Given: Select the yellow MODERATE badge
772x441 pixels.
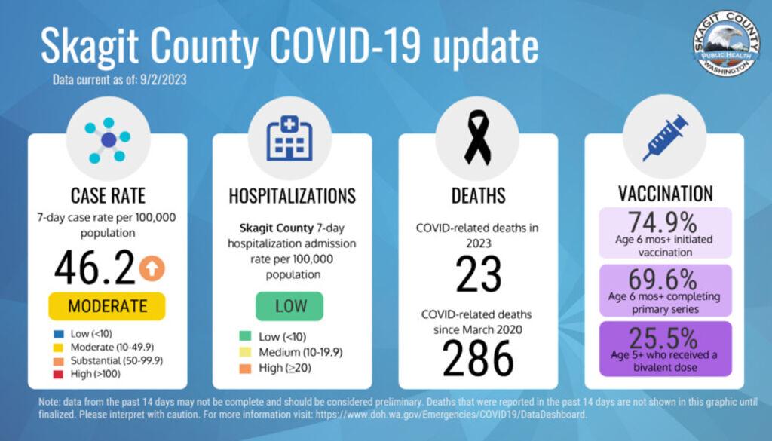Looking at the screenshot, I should [x=107, y=306].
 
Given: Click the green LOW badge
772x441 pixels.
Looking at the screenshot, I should [x=289, y=306].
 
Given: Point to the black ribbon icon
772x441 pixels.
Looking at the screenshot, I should [x=477, y=137].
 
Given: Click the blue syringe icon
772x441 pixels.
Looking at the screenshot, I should [x=664, y=137].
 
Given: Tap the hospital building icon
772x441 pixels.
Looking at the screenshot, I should [x=289, y=139].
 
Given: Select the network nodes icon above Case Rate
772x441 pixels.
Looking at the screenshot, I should [x=108, y=139].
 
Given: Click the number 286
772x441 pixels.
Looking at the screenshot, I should [x=477, y=358].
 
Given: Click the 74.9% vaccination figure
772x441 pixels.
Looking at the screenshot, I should [x=664, y=222].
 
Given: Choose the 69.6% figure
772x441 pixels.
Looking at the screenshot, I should [x=664, y=280].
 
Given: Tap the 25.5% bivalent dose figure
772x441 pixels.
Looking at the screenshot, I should [x=664, y=336].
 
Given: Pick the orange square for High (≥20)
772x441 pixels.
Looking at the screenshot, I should [x=243, y=369].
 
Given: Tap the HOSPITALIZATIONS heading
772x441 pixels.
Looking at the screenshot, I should [x=292, y=196].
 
